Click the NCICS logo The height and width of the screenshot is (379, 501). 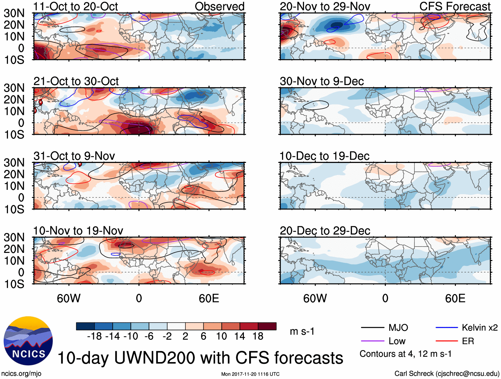[x=28, y=341]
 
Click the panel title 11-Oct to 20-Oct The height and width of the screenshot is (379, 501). [x=76, y=7]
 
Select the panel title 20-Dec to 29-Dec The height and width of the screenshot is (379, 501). [x=325, y=231]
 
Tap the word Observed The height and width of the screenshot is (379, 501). [x=219, y=7]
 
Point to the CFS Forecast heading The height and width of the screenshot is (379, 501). [x=455, y=7]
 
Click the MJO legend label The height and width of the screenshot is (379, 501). [x=398, y=328]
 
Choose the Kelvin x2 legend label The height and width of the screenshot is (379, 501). [x=479, y=328]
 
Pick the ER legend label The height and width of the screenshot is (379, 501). [x=468, y=341]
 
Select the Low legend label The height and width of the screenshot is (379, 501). [x=397, y=341]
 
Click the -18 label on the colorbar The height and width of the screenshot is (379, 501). [x=95, y=337]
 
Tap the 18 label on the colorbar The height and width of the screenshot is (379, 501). [x=258, y=337]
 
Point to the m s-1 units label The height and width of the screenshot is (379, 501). [x=302, y=332]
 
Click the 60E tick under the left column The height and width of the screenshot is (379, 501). [x=209, y=298]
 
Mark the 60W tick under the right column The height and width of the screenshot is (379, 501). [x=315, y=298]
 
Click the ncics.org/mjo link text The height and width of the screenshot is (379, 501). [x=21, y=374]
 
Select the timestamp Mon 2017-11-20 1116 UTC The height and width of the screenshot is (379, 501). [x=250, y=374]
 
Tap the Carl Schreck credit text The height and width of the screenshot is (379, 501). [x=447, y=374]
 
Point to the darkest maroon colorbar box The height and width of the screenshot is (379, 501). [x=267, y=326]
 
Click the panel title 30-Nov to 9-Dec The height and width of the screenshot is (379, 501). [x=322, y=81]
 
